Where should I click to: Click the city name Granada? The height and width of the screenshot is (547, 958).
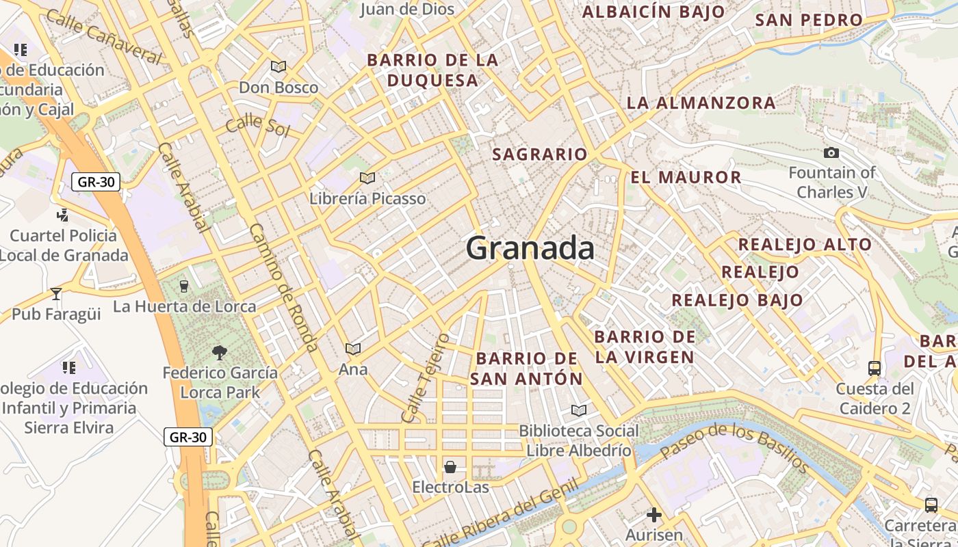(530, 248)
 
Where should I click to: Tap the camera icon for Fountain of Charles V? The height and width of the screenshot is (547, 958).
(831, 152)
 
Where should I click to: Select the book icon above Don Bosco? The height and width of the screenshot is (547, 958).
(278, 66)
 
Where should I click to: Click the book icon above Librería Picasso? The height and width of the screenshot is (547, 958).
(367, 178)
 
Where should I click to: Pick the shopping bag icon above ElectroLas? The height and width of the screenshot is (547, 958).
(450, 467)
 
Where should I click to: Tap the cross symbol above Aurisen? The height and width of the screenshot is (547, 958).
(654, 514)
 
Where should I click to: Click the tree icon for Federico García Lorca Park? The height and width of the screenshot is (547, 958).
(220, 353)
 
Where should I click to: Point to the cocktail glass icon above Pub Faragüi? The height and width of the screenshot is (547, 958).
(56, 294)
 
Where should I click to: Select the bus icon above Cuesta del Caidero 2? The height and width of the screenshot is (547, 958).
(875, 369)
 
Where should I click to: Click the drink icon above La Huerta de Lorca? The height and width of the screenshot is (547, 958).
(183, 286)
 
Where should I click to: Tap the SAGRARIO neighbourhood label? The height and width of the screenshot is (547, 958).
(540, 155)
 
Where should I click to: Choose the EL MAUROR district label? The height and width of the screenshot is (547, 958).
(686, 178)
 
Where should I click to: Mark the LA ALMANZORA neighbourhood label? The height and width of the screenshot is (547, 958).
(701, 103)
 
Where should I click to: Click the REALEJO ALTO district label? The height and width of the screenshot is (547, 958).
(805, 244)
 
